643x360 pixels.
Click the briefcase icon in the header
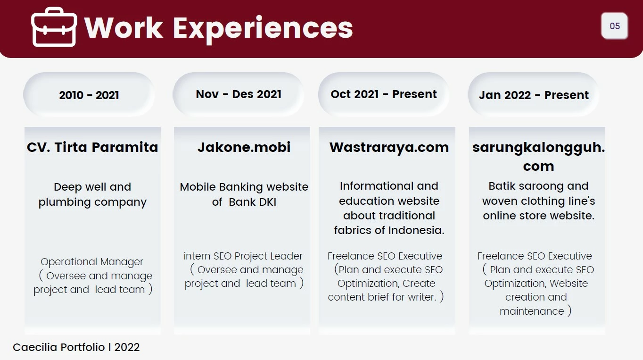pos(54,27)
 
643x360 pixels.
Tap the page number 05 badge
pos(615,26)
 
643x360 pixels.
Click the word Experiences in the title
pos(263,28)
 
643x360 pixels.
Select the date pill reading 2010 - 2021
pos(89,95)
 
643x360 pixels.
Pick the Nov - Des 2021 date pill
pos(239,94)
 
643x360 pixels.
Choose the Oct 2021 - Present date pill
pos(384,94)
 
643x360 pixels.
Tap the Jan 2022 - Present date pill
pos(534,95)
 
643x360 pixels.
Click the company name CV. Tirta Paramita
pos(92,147)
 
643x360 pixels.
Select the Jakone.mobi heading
pos(244,147)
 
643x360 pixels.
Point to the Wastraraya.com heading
pos(389,147)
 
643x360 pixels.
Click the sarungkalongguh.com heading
pos(538,156)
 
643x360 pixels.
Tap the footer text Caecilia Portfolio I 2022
pos(76,347)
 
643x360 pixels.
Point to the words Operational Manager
pos(92,262)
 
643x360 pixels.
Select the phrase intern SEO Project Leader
pos(243,256)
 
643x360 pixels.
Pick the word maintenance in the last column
pos(531,311)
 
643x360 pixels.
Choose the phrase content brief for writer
pos(382,297)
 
